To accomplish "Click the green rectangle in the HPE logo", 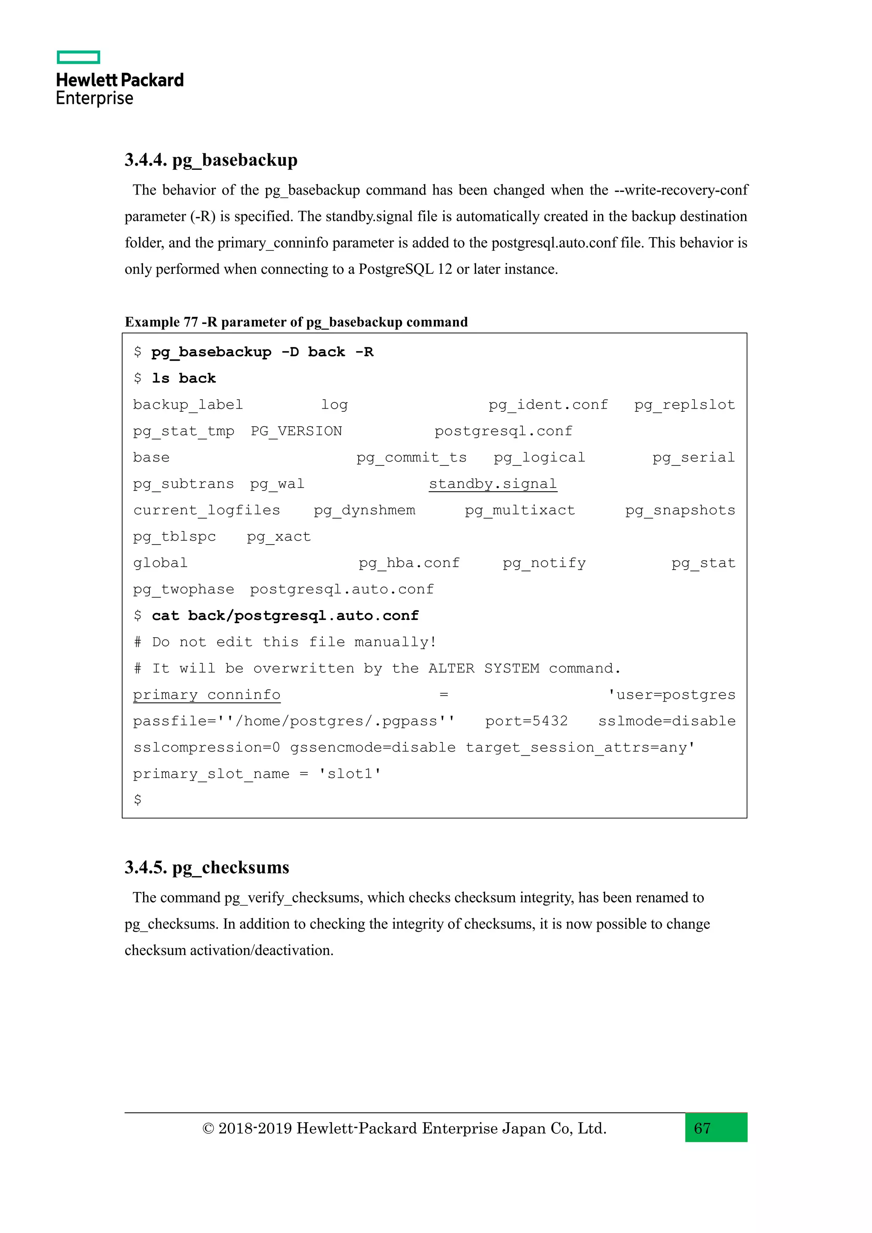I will (x=78, y=57).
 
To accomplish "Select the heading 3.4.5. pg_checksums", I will (x=207, y=867).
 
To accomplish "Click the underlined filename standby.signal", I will (x=492, y=484).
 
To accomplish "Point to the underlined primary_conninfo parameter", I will (x=207, y=695).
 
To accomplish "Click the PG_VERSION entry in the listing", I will (x=296, y=431).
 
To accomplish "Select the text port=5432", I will (x=526, y=721).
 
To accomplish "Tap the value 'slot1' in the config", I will (x=350, y=774).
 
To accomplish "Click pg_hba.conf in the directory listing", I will (x=409, y=563).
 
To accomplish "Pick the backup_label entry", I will (x=188, y=405).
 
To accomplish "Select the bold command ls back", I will (x=184, y=379).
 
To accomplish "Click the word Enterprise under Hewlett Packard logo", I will (x=95, y=99).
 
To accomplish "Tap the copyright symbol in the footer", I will (x=208, y=1128).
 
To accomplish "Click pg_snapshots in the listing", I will (x=680, y=510).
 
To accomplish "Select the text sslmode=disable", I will (x=666, y=721).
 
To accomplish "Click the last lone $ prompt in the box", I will (x=138, y=800).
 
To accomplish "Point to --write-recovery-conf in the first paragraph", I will (x=681, y=190).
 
